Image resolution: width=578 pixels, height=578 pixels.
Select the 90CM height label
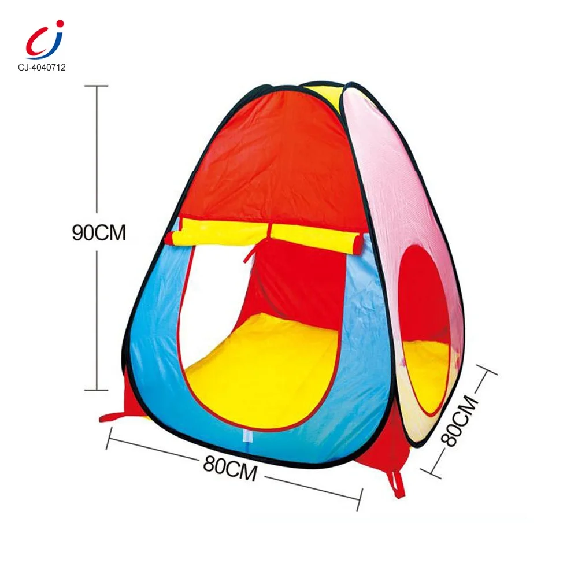(99, 232)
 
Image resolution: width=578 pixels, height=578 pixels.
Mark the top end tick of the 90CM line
(97, 86)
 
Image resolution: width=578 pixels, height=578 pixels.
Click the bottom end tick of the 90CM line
(97, 391)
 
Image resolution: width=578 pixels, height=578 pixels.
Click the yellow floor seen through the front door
(260, 370)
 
